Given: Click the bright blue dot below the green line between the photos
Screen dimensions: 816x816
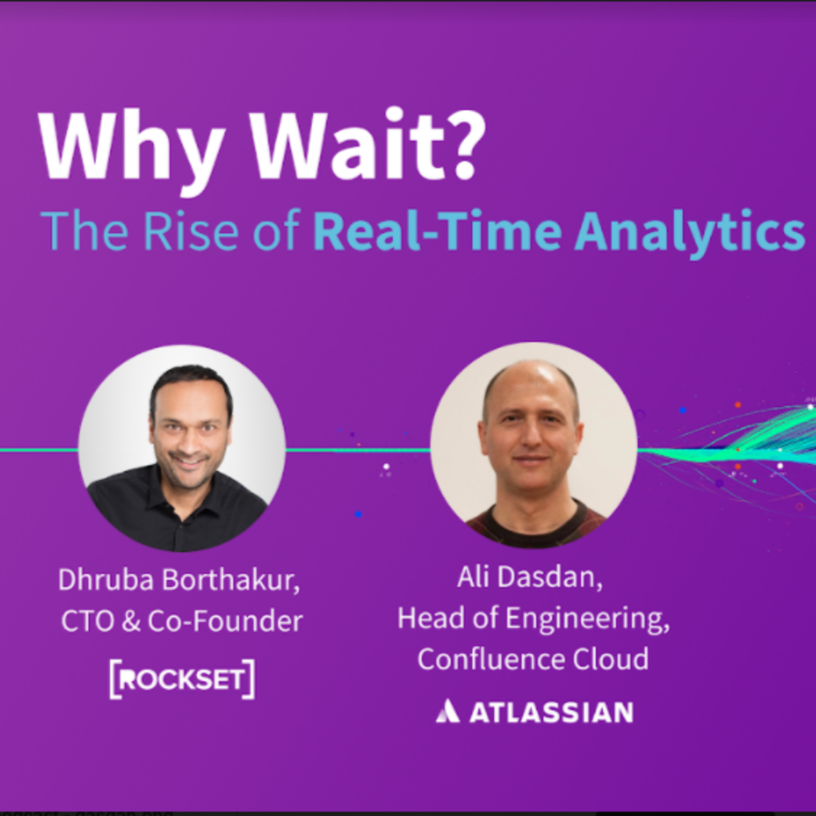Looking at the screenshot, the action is (x=358, y=514).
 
